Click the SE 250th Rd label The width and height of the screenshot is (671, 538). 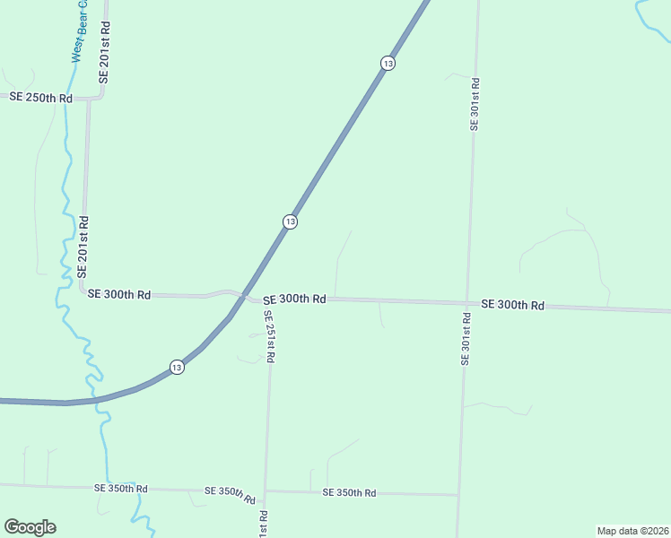(40, 97)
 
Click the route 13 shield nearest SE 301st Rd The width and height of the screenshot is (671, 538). (388, 63)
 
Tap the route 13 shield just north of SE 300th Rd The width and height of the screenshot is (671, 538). (290, 221)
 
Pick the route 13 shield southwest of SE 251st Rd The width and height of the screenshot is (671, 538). (178, 368)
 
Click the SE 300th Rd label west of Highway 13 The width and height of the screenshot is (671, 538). (119, 294)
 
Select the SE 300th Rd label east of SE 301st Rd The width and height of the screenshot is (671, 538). (512, 305)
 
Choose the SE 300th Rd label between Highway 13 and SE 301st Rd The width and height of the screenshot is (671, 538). (294, 299)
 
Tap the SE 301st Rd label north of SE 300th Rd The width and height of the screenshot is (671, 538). (475, 105)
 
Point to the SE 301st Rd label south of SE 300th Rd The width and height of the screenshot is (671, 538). (466, 338)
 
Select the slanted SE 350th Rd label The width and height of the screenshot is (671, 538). (231, 495)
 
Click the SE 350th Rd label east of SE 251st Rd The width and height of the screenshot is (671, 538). (349, 492)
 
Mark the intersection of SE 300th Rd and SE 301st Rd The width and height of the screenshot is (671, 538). (467, 303)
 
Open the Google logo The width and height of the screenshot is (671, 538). (30, 527)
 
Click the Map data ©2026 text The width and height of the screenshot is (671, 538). (632, 530)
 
